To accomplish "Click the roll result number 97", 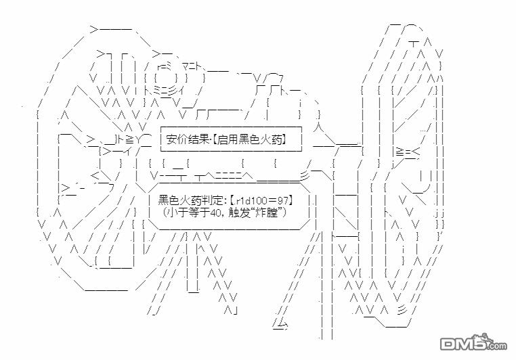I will click(x=285, y=200).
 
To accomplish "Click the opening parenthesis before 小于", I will click(x=167, y=212).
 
